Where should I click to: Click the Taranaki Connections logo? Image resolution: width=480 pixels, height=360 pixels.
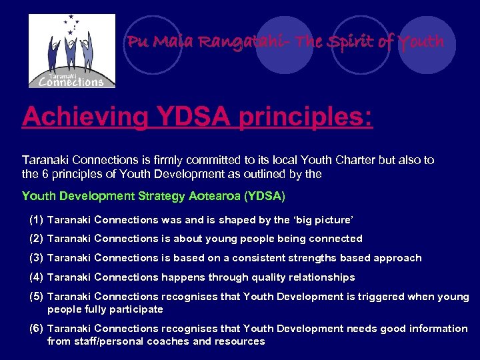point(71,51)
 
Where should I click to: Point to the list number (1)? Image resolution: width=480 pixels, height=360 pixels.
point(37,219)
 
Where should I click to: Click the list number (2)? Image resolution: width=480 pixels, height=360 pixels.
point(37,238)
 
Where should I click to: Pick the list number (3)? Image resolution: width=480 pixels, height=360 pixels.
point(37,257)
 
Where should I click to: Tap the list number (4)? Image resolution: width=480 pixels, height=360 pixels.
point(37,277)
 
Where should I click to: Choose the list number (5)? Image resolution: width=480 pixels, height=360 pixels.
point(37,296)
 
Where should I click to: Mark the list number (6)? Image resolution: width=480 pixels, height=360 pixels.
point(37,328)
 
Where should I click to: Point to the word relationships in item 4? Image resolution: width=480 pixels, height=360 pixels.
point(323,277)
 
